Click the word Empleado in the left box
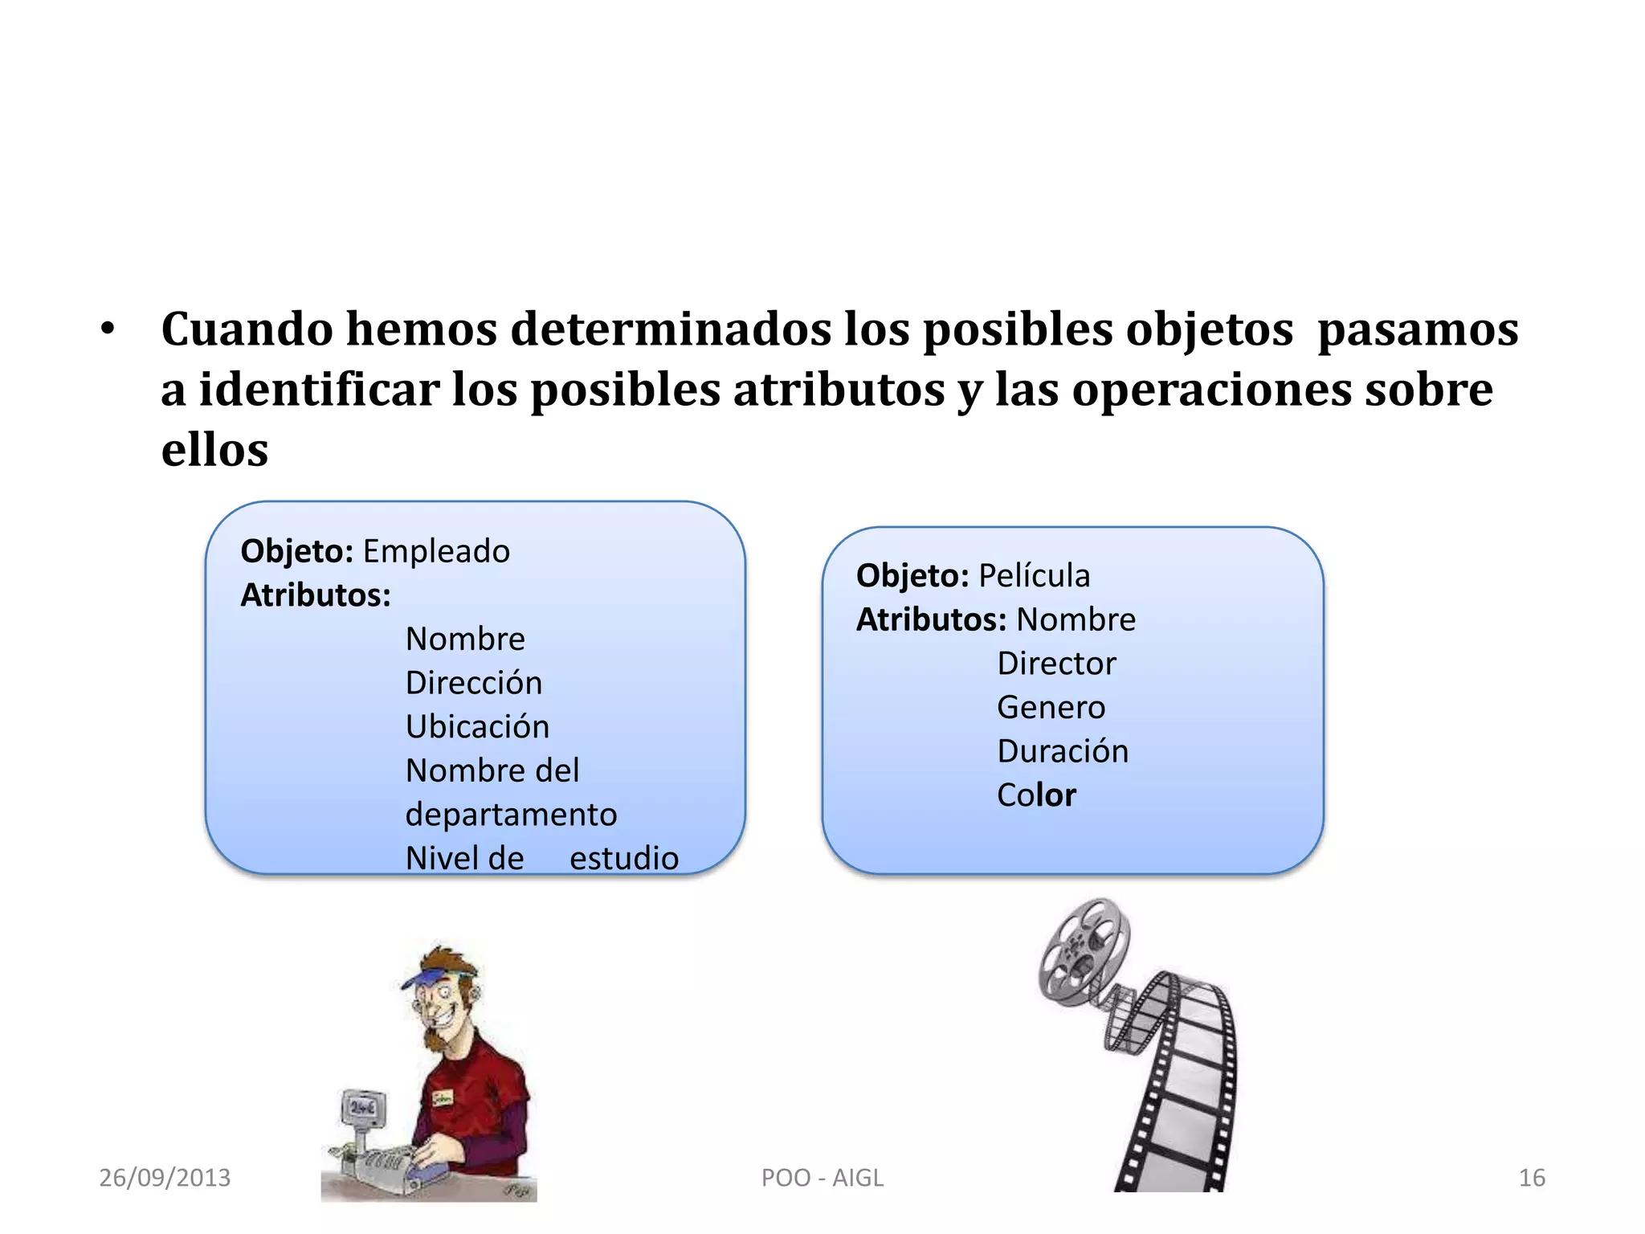click(436, 552)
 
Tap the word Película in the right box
click(1035, 576)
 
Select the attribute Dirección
click(474, 683)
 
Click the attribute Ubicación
click(477, 727)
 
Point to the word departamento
click(511, 815)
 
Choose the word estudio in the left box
click(624, 859)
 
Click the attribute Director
click(1056, 664)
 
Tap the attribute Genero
click(1051, 708)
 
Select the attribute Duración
click(1063, 752)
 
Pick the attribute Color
click(1036, 795)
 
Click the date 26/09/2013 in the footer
click(165, 1178)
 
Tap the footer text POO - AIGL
click(822, 1178)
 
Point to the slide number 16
click(1532, 1178)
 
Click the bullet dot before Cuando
click(108, 329)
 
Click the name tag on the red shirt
click(443, 1098)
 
